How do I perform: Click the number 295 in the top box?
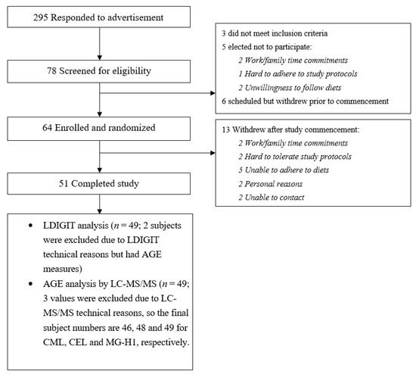pos(40,17)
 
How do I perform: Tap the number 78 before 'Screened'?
pos(51,71)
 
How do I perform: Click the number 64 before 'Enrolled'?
pos(47,128)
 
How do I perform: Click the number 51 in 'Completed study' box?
pos(64,183)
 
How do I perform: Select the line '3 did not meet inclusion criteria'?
pos(275,33)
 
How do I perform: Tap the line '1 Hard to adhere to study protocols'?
pos(298,73)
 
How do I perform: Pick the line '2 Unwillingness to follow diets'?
pos(290,88)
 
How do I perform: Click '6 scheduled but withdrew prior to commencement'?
pos(305,101)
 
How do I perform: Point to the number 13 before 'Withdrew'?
pos(226,130)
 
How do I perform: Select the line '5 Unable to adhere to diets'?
pos(284,170)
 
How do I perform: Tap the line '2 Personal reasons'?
pos(270,184)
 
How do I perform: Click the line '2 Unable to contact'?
pos(271,198)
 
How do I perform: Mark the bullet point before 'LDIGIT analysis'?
pos(31,226)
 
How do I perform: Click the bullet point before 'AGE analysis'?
pos(31,284)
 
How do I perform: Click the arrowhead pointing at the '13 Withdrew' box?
pos(213,153)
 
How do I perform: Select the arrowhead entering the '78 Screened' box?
pos(100,58)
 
